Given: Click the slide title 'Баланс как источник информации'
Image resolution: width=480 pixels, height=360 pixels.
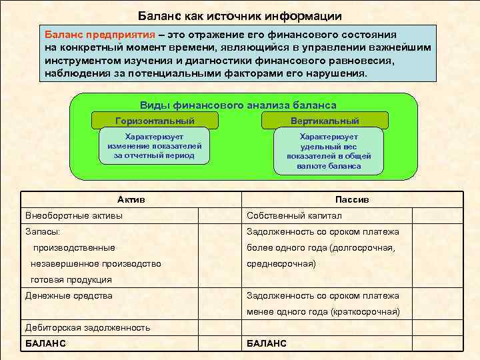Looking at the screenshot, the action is pos(240,15).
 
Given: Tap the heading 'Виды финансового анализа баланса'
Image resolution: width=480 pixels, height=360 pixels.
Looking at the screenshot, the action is pos(238,105).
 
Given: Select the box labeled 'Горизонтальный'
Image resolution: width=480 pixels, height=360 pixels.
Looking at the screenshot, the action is pos(155,121).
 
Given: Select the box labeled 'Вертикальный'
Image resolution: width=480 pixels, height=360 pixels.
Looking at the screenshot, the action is pos(325,121).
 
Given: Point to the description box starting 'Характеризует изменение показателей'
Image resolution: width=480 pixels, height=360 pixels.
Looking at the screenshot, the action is pos(155,145).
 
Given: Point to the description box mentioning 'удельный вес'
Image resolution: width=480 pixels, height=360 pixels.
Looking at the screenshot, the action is pos(329,151).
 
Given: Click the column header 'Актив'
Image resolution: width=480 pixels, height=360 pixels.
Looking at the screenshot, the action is pos(131,199).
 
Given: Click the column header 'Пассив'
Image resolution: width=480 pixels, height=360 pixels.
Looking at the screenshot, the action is pos(352,199).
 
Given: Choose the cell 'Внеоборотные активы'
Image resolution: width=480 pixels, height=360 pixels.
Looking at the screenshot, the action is pos(74,215).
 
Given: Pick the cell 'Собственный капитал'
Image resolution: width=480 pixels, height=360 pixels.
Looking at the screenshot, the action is pos(294,215).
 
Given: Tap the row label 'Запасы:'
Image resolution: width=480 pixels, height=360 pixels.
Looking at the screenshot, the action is pos(42,231).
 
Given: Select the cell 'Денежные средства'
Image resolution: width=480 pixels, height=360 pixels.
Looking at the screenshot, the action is pos(69,295).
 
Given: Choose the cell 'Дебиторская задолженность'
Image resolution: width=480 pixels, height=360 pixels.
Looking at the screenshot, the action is pos(87,327).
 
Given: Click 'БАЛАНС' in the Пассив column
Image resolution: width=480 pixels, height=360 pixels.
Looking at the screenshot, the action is pos(267,343).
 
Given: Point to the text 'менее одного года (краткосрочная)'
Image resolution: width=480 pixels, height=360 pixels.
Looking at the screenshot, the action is pos(323,311).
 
